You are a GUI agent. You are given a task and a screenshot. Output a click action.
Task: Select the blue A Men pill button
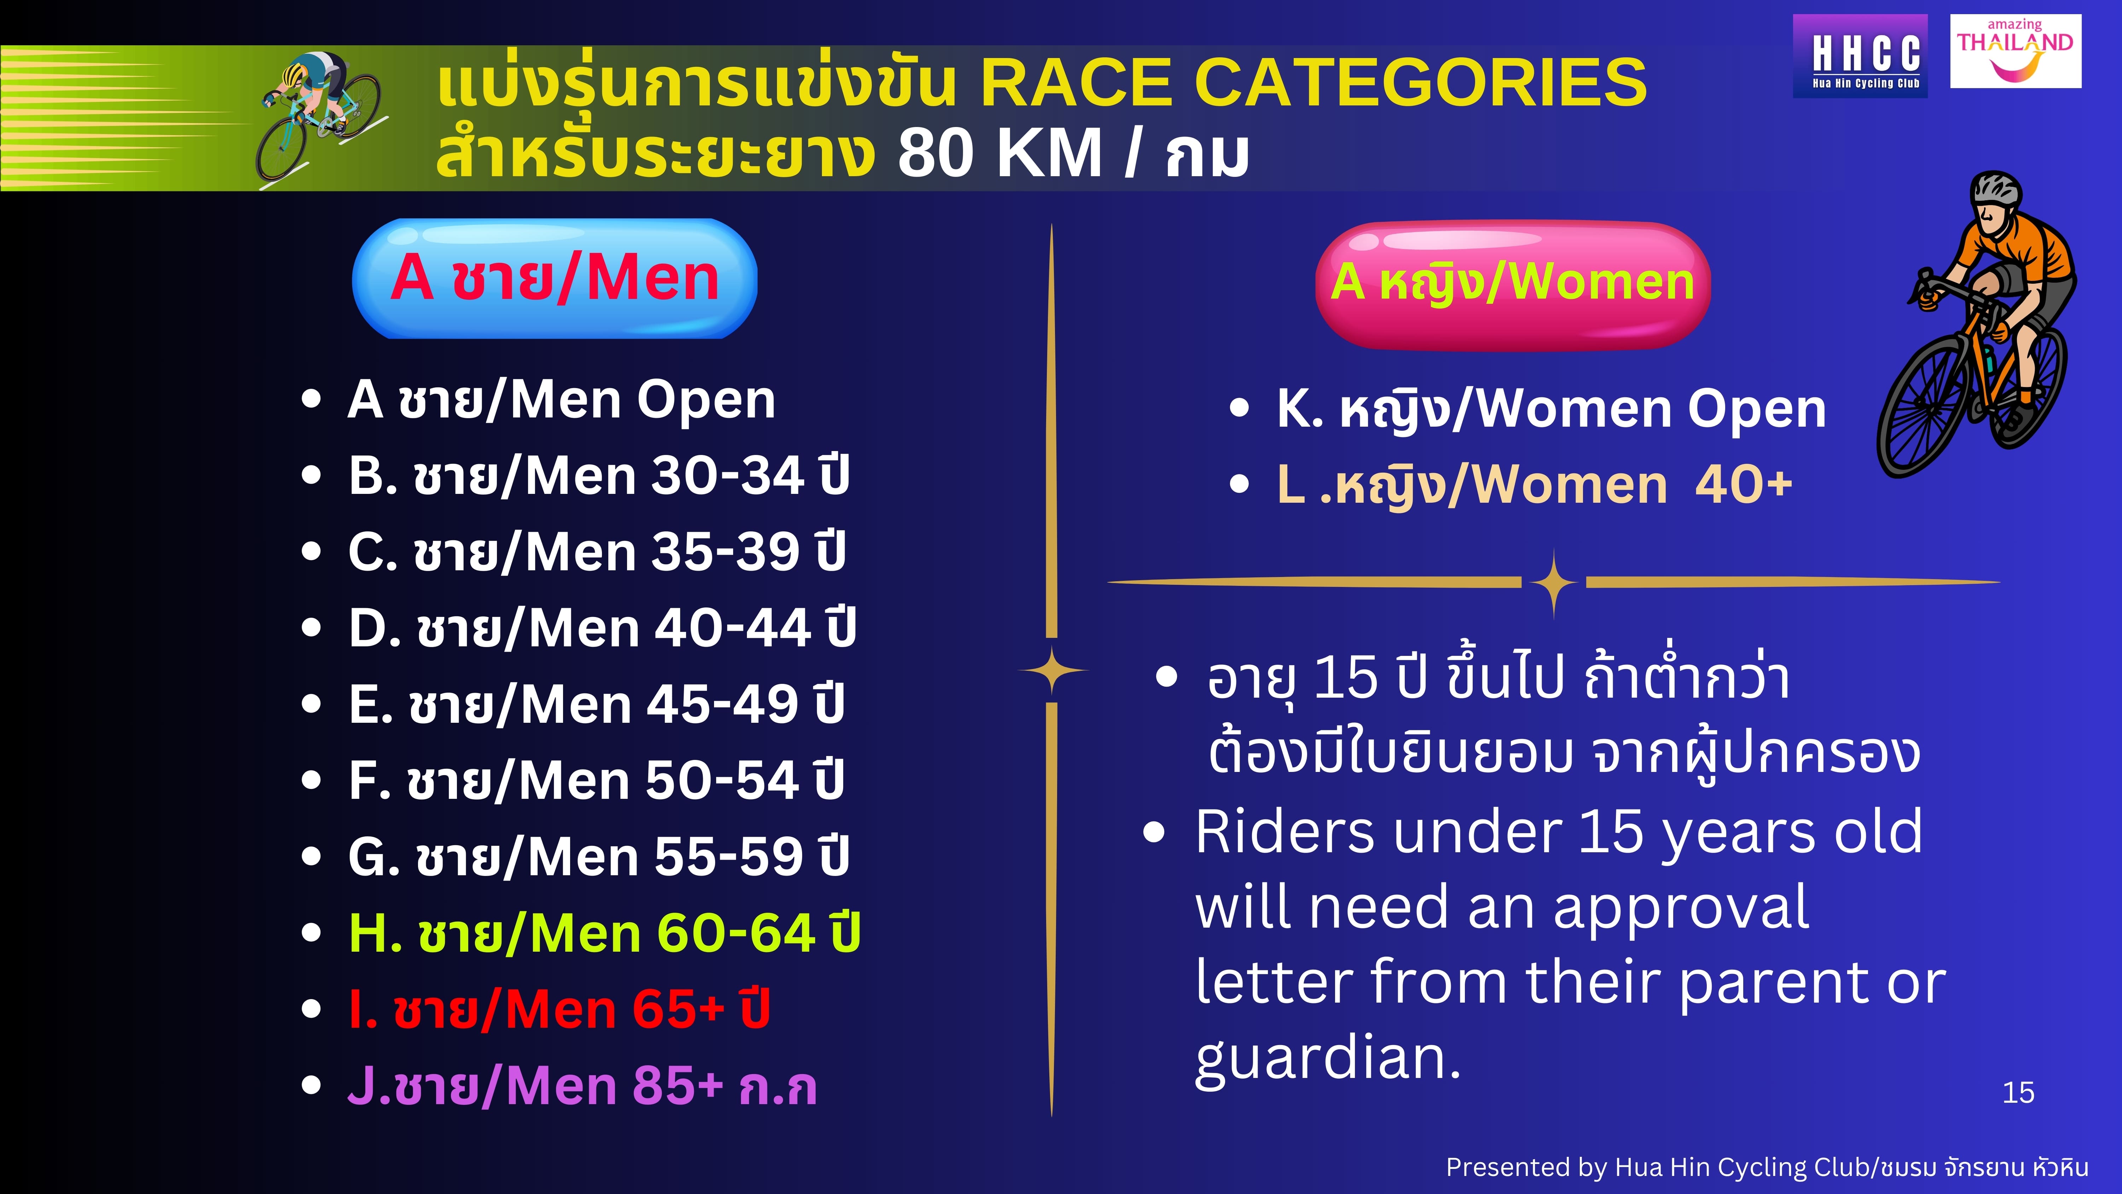click(x=555, y=278)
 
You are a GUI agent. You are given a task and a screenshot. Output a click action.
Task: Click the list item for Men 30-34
click(x=598, y=475)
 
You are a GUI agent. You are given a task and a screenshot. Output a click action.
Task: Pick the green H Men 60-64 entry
click(x=604, y=933)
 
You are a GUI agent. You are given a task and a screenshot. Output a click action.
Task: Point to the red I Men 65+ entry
click(x=558, y=1009)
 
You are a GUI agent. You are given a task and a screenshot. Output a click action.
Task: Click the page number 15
click(x=2018, y=1093)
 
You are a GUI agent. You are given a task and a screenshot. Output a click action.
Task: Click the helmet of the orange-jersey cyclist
click(x=1995, y=190)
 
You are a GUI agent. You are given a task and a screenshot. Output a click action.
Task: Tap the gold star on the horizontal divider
click(x=1554, y=583)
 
